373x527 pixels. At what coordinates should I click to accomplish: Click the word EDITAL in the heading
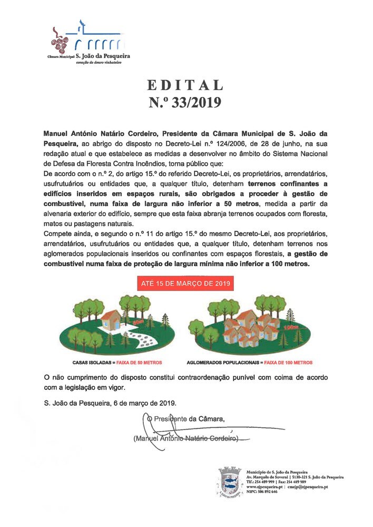coord(185,85)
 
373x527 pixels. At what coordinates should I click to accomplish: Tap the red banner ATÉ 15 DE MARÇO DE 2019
coord(186,284)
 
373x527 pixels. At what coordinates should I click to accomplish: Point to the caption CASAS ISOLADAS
coord(90,363)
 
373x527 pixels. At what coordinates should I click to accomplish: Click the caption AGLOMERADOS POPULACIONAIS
coord(224,363)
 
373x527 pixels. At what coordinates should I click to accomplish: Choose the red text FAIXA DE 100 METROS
coord(288,363)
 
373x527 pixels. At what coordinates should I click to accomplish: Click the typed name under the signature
coord(185,438)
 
